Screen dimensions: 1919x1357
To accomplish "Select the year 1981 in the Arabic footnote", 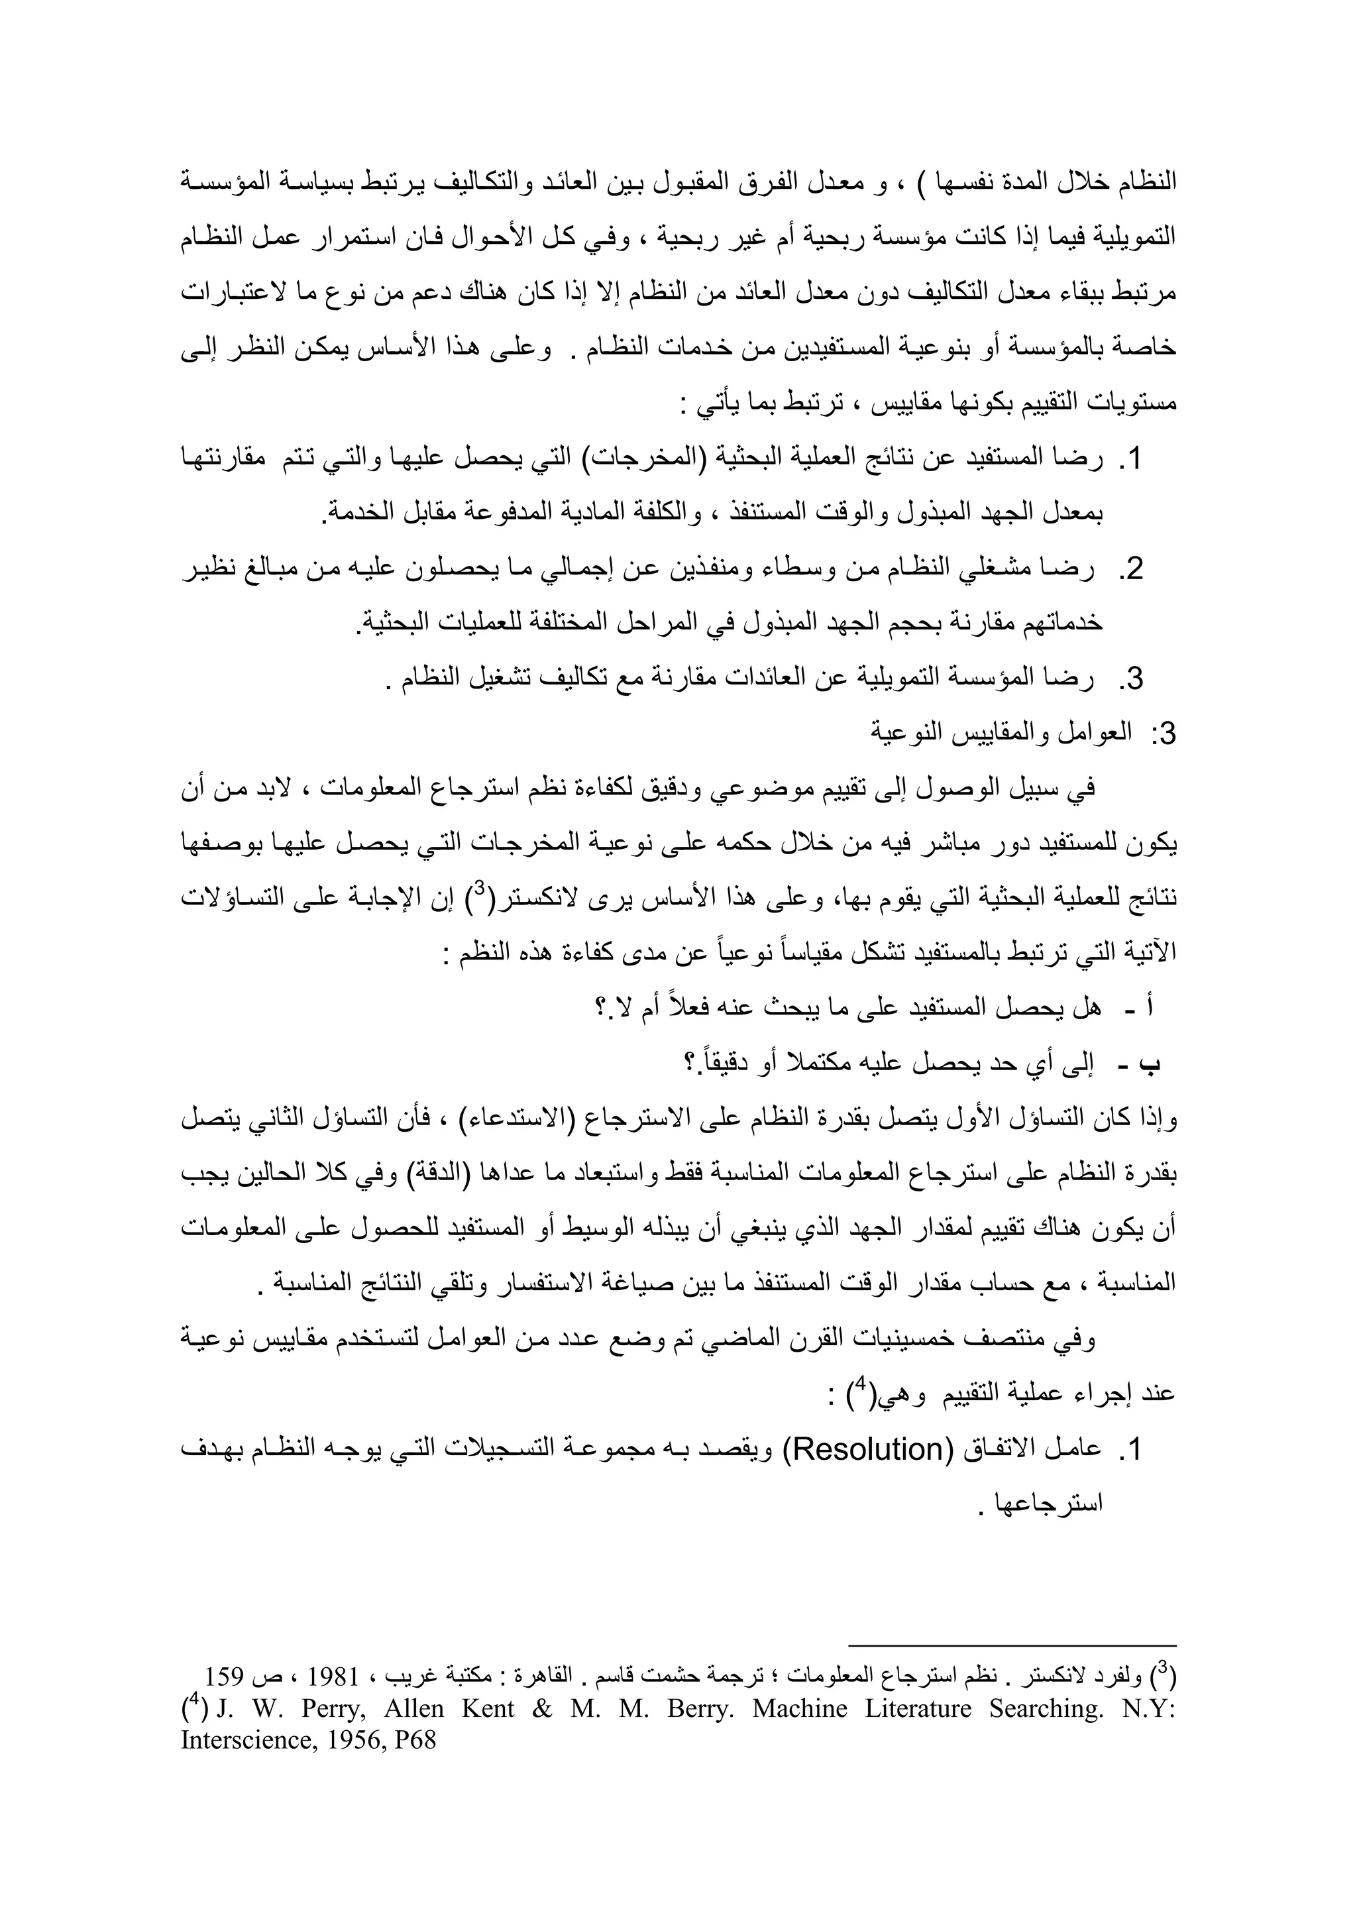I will pyautogui.click(x=334, y=1676).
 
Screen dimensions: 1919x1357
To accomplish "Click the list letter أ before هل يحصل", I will pyautogui.click(x=1152, y=1007).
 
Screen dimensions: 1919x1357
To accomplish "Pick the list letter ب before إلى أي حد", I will pyautogui.click(x=1151, y=1064).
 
